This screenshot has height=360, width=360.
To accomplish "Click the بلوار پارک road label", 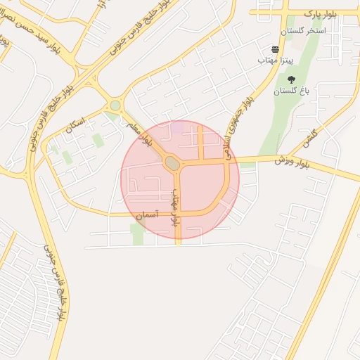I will (x=325, y=13).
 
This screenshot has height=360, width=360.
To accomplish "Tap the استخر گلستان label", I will (x=303, y=31).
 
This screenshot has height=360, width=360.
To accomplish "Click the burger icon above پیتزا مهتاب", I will (x=275, y=50).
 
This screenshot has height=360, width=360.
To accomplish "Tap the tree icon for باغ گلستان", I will (x=291, y=80).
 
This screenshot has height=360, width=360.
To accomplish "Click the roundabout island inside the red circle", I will (x=172, y=164).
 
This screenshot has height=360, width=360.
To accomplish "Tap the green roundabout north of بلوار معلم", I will (x=115, y=105).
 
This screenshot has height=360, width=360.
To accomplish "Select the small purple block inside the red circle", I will (x=180, y=127).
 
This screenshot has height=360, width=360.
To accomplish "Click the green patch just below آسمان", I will (x=137, y=233).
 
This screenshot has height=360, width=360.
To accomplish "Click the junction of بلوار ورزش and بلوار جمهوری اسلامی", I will (x=229, y=160).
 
